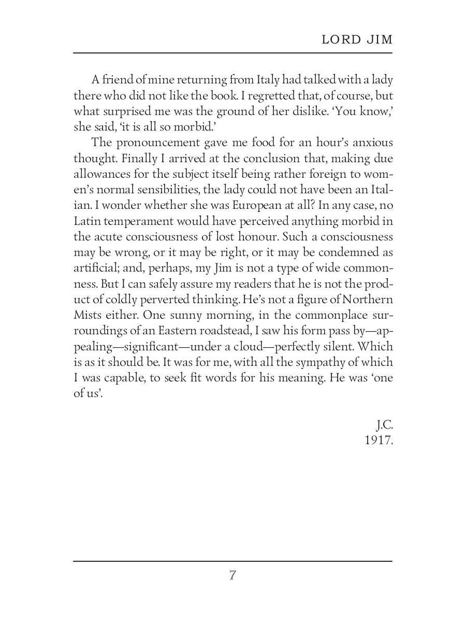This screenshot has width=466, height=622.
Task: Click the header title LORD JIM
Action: [x=357, y=40]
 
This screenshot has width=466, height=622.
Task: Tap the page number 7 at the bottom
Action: [x=232, y=575]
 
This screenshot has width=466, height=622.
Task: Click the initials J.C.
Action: [x=384, y=426]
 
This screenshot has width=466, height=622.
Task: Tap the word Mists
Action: [x=88, y=315]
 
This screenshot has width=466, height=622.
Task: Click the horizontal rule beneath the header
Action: [x=232, y=53]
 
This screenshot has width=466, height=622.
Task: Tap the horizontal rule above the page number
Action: [x=232, y=561]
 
